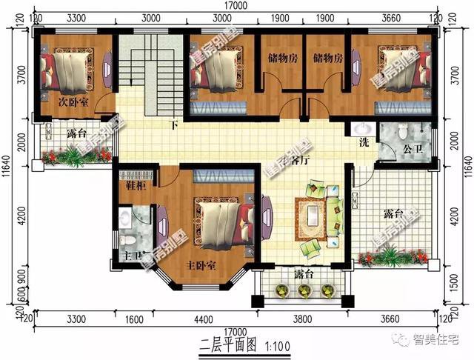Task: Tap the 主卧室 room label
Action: point(201,265)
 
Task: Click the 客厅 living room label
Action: point(298,160)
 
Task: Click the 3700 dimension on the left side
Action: point(22,77)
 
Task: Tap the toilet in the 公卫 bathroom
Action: point(402,133)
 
